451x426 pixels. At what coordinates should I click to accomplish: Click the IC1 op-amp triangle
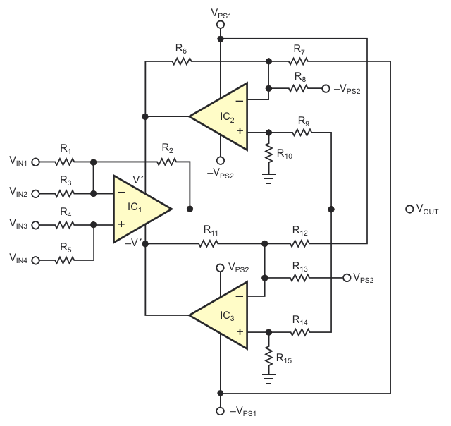pyautogui.click(x=140, y=209)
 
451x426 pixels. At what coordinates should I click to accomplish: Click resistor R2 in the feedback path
pyautogui.click(x=167, y=162)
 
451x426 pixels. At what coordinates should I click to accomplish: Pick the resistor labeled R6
pyautogui.click(x=181, y=61)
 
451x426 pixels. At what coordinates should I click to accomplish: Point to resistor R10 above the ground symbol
pyautogui.click(x=268, y=152)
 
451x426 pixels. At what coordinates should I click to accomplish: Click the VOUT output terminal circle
pyautogui.click(x=409, y=209)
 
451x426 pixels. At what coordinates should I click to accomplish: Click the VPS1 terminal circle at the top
pyautogui.click(x=220, y=24)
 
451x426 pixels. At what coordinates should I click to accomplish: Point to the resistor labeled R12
pyautogui.click(x=300, y=244)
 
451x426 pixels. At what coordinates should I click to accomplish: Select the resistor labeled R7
pyautogui.click(x=300, y=61)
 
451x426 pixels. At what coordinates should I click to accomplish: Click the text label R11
pyautogui.click(x=211, y=230)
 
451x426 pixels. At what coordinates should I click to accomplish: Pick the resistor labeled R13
pyautogui.click(x=300, y=278)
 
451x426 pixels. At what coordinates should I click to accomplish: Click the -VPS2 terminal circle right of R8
pyautogui.click(x=326, y=88)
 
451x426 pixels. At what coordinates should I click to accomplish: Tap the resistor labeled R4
pyautogui.click(x=66, y=226)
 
